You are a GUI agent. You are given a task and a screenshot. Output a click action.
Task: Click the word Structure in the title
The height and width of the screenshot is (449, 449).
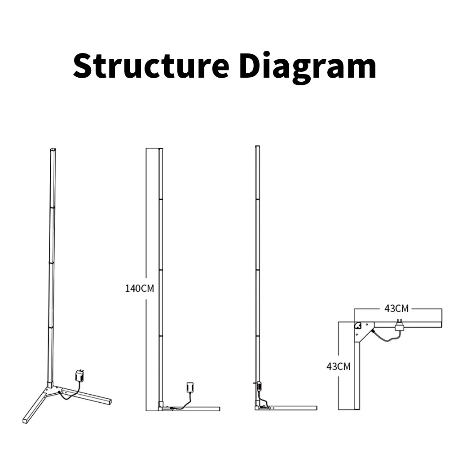point(151,66)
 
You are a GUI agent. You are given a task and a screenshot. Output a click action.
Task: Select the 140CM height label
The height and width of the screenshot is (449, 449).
point(139,288)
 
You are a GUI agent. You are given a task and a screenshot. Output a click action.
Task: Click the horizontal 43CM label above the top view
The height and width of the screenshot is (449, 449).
point(396,308)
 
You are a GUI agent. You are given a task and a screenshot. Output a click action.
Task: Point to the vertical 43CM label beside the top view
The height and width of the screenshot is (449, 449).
point(338,366)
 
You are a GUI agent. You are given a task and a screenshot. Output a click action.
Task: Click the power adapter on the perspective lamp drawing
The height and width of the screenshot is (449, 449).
point(80,375)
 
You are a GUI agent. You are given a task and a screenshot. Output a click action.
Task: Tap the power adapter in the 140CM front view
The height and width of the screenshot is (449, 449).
point(189,387)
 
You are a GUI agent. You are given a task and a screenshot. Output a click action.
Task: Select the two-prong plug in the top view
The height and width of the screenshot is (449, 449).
point(399,326)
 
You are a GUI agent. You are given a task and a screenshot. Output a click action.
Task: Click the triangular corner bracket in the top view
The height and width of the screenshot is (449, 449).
point(364,331)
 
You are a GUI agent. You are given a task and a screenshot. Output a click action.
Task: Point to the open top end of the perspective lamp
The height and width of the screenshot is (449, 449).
point(53,150)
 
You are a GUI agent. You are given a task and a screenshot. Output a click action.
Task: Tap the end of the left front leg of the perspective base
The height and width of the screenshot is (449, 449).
point(25,421)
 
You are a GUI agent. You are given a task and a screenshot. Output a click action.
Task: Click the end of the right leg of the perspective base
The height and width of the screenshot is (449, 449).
point(108,401)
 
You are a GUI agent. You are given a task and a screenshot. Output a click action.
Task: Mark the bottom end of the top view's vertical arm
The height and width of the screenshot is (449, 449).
point(357,408)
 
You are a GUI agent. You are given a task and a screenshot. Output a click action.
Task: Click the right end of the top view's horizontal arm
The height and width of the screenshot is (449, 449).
point(440,325)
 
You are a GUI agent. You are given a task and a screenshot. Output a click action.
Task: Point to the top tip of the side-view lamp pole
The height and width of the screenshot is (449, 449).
point(257,147)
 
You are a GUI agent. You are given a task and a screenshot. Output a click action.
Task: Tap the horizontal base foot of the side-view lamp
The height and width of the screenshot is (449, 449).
point(292,408)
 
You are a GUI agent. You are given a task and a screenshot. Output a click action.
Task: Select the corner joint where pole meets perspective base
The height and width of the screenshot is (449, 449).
point(49,386)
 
